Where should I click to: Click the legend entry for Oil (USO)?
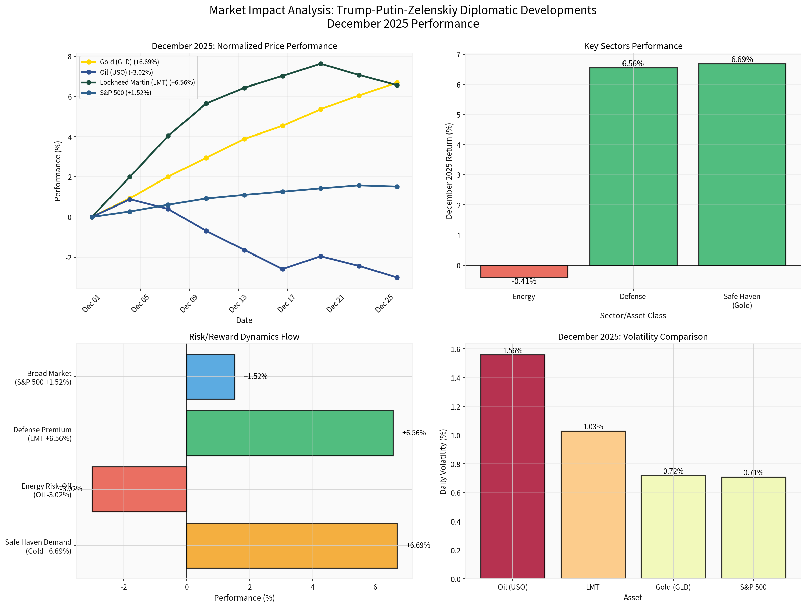(126, 72)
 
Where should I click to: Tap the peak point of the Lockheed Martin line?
(321, 64)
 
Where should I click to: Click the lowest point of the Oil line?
(397, 277)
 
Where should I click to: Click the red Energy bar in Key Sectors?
(524, 271)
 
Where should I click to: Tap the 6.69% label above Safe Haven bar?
(742, 59)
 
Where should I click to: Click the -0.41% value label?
(524, 281)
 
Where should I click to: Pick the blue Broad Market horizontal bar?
(211, 377)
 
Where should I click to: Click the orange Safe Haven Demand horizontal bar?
(292, 545)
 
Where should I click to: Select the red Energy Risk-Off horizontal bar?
(139, 489)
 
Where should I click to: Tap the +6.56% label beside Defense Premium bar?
(414, 433)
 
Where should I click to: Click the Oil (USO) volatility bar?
(512, 466)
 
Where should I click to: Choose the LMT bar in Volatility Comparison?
(593, 505)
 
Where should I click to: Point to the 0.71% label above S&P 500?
(753, 472)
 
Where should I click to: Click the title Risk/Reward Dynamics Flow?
(244, 337)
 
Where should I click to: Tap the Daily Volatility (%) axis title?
(443, 462)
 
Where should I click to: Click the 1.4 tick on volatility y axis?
(456, 378)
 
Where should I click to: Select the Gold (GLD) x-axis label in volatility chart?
(673, 587)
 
